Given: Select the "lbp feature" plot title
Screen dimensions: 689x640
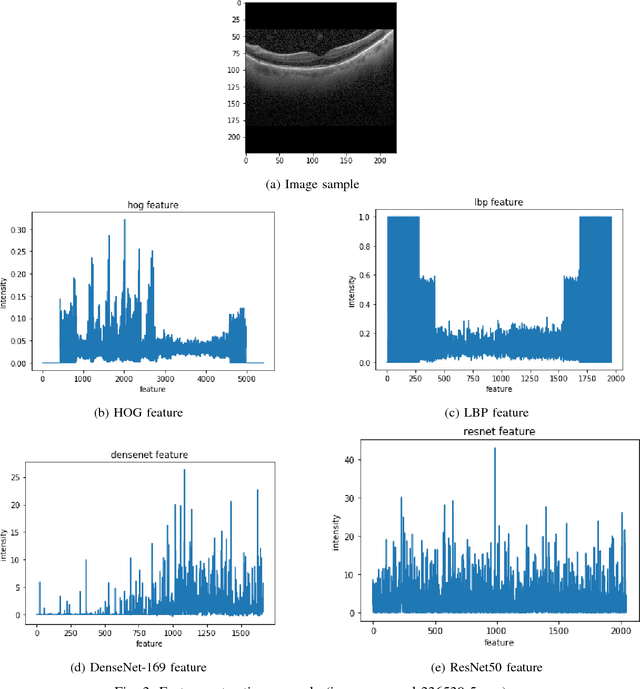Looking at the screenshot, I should point(498,202).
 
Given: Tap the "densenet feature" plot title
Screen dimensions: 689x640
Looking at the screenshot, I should point(149,455).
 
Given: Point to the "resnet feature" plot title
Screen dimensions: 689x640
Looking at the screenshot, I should point(499,431).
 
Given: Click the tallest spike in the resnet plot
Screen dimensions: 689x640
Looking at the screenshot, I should point(494,449).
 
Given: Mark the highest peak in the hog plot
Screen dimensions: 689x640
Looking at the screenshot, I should point(125,220).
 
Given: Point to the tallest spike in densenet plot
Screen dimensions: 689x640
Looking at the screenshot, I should point(184,470).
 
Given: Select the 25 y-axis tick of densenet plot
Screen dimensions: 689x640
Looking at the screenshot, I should point(18,477).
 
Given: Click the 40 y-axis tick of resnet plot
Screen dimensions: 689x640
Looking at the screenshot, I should point(351,460).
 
